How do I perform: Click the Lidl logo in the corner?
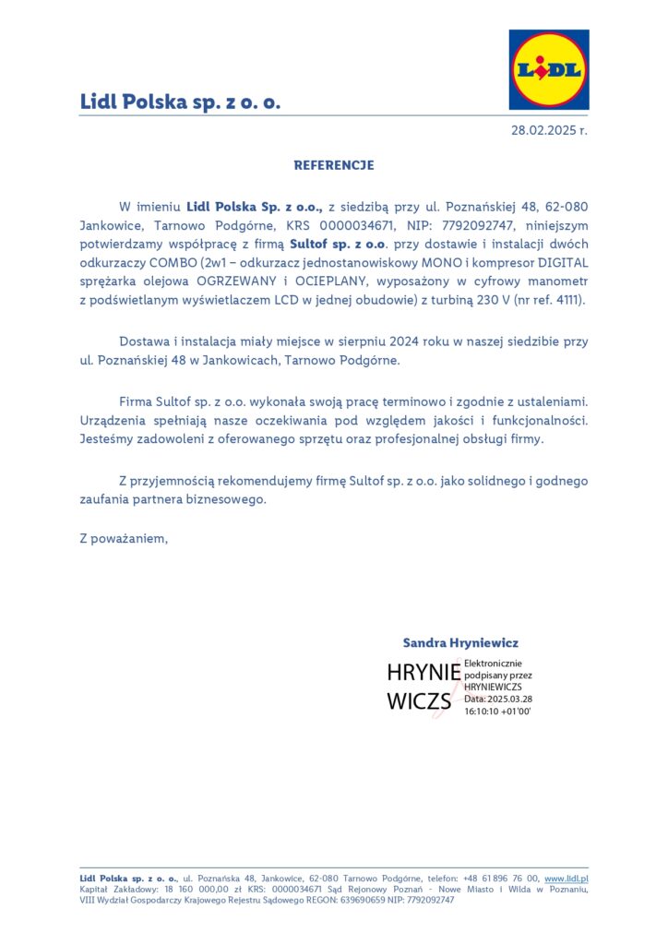(548, 69)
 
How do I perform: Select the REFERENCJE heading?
(334, 166)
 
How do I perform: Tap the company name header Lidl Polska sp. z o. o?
(180, 102)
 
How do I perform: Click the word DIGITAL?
(557, 262)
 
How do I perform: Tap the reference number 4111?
(568, 301)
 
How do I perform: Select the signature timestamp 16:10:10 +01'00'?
(497, 712)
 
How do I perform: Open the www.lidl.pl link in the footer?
(567, 879)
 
